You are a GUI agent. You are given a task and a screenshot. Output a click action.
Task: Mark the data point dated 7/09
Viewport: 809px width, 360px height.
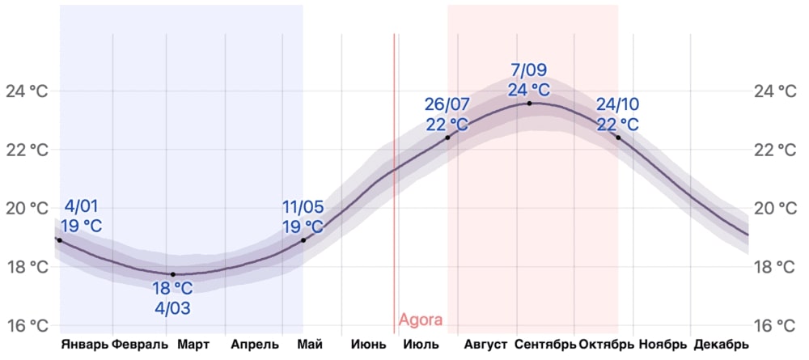[x=530, y=104]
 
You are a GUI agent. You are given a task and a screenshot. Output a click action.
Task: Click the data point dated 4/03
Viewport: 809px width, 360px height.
[x=172, y=274]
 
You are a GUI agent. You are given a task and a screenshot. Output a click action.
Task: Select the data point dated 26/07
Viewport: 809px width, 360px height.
[x=447, y=138]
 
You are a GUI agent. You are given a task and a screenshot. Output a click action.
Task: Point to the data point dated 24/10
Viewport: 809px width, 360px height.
[x=618, y=138]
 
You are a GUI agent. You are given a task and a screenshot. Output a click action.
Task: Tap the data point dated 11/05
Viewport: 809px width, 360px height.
[x=303, y=240]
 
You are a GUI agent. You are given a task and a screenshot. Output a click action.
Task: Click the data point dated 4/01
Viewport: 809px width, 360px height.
[x=59, y=240]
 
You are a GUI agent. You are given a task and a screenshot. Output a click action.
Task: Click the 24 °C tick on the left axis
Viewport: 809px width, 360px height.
[x=27, y=91]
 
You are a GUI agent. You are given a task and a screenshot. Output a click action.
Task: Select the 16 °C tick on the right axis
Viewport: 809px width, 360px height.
[x=774, y=326]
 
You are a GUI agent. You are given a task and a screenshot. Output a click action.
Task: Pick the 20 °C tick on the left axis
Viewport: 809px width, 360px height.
[x=27, y=209]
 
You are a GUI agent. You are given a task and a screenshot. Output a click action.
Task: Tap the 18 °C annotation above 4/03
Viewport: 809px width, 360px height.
[x=172, y=289]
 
